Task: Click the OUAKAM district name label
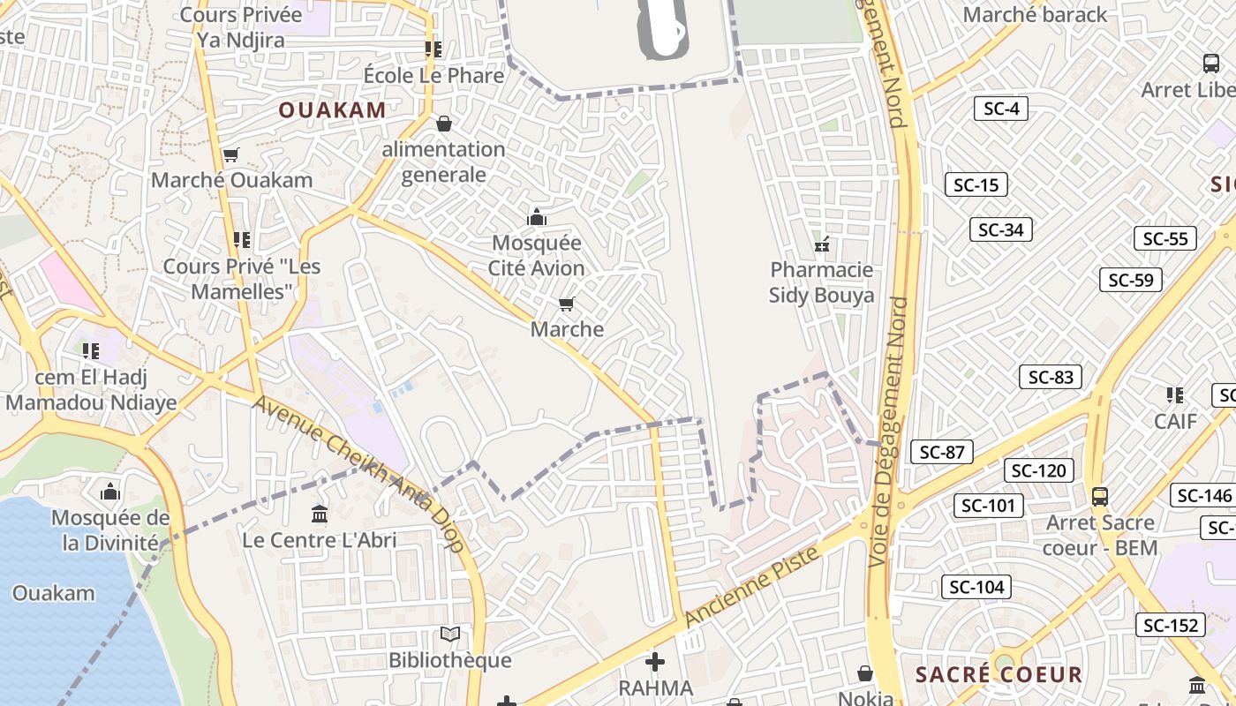332,110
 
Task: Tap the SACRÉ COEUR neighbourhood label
999,675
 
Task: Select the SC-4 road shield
1001,109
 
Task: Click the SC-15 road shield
976,184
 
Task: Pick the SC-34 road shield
1000,229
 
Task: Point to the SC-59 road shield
1130,280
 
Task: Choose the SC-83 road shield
1050,377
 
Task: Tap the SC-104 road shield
976,587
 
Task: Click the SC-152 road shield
1170,625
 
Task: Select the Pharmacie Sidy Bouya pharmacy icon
822,244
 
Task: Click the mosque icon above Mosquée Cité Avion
536,217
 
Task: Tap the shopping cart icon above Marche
567,304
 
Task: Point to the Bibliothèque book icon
450,634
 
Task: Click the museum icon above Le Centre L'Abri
320,514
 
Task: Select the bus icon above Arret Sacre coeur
1100,496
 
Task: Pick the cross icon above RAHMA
655,661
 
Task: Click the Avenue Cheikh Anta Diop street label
358,473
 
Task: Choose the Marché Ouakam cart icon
230,155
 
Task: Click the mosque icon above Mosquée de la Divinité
110,491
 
